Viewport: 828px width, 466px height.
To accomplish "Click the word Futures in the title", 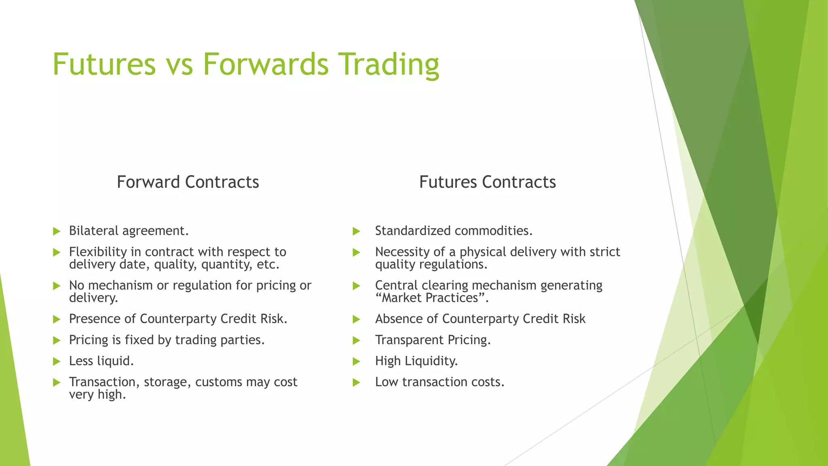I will pos(104,64).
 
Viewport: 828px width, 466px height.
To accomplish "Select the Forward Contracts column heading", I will pos(188,182).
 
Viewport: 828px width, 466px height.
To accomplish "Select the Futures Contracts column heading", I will pos(487,182).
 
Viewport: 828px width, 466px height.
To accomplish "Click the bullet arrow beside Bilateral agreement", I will pos(57,231).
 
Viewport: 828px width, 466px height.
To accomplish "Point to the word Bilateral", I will pos(94,231).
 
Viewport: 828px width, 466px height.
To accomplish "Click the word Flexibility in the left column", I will pos(98,252).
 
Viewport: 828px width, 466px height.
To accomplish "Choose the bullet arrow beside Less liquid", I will pos(57,361).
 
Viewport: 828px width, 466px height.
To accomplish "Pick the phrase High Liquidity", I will pos(416,361).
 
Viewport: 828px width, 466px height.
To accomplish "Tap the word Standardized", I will pos(412,231).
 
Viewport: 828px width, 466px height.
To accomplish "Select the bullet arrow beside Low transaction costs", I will pos(356,382).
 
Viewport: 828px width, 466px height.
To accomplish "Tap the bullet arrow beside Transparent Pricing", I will pos(356,341).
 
